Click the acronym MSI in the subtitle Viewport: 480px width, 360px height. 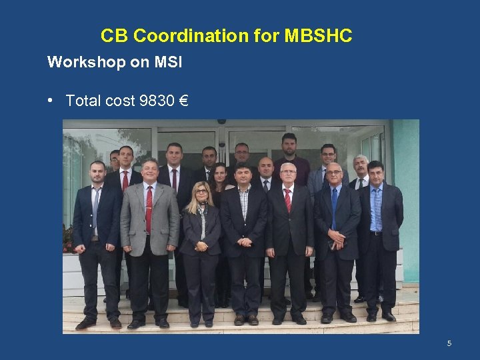coord(168,63)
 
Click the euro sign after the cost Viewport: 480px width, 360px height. coord(184,101)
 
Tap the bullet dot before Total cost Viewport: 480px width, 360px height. coord(51,101)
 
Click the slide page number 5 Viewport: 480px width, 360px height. coord(449,343)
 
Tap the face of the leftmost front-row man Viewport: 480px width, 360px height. coord(98,173)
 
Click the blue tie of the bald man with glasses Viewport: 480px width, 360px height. coord(334,207)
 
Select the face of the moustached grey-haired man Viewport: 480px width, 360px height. coord(361,165)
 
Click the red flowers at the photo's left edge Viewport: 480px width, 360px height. coord(67,237)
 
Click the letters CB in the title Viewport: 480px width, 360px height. coord(112,35)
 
